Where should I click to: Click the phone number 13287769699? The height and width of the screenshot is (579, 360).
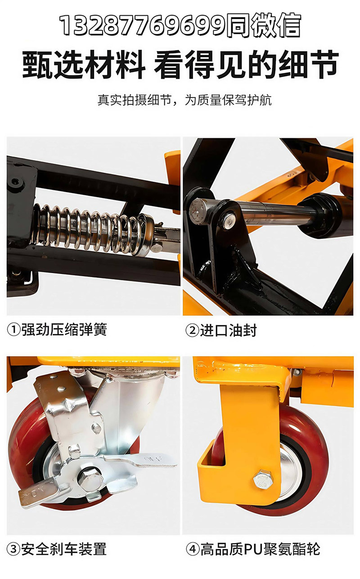143,25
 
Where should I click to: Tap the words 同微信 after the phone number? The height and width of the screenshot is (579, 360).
264,25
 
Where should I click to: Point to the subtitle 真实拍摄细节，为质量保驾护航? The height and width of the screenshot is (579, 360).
184,100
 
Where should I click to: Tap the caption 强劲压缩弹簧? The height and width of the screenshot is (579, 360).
64,330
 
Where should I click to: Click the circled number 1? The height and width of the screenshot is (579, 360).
13,330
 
